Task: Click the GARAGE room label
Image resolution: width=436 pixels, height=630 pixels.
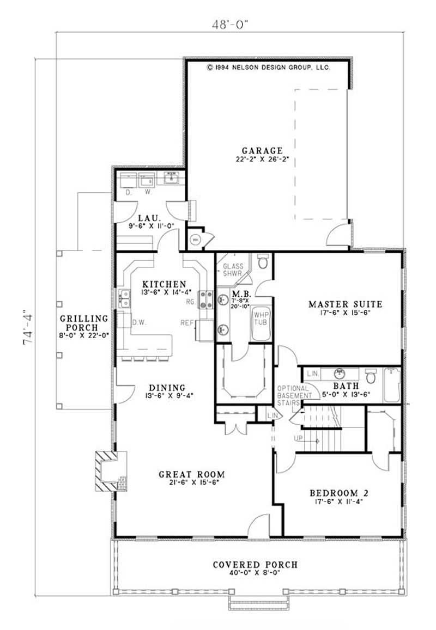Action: coord(263,151)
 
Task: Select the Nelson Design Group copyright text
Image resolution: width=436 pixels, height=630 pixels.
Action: coord(268,68)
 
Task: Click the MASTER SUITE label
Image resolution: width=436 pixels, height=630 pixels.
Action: coord(345,304)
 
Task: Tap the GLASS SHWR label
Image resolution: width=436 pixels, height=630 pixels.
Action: coord(233,270)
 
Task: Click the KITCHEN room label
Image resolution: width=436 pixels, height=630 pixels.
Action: coord(165,284)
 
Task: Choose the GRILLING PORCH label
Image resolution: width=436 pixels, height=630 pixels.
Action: coord(84,323)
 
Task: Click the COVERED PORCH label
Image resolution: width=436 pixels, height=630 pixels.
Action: coord(255,565)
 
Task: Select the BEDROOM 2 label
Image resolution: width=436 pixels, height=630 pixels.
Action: coord(339,493)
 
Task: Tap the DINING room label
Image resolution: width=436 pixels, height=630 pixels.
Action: coord(167,388)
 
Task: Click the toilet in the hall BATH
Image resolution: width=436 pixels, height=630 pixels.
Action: coord(371,376)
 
